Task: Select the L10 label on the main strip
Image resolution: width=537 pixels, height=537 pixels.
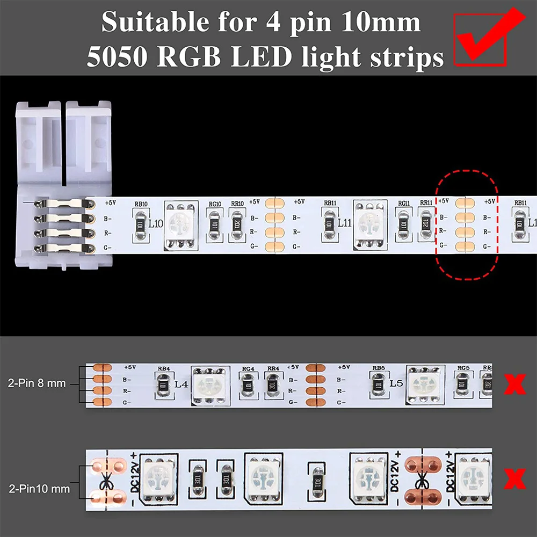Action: click(156, 223)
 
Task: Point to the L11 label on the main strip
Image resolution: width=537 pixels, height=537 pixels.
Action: click(344, 223)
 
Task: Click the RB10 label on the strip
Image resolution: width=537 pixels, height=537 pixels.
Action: click(141, 204)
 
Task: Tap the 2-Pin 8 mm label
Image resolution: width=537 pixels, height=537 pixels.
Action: click(37, 383)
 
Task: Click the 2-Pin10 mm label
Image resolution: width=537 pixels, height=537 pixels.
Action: click(39, 489)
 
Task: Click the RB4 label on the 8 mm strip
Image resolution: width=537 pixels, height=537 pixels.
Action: click(164, 369)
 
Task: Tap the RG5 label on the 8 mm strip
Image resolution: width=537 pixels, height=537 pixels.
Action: click(463, 368)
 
